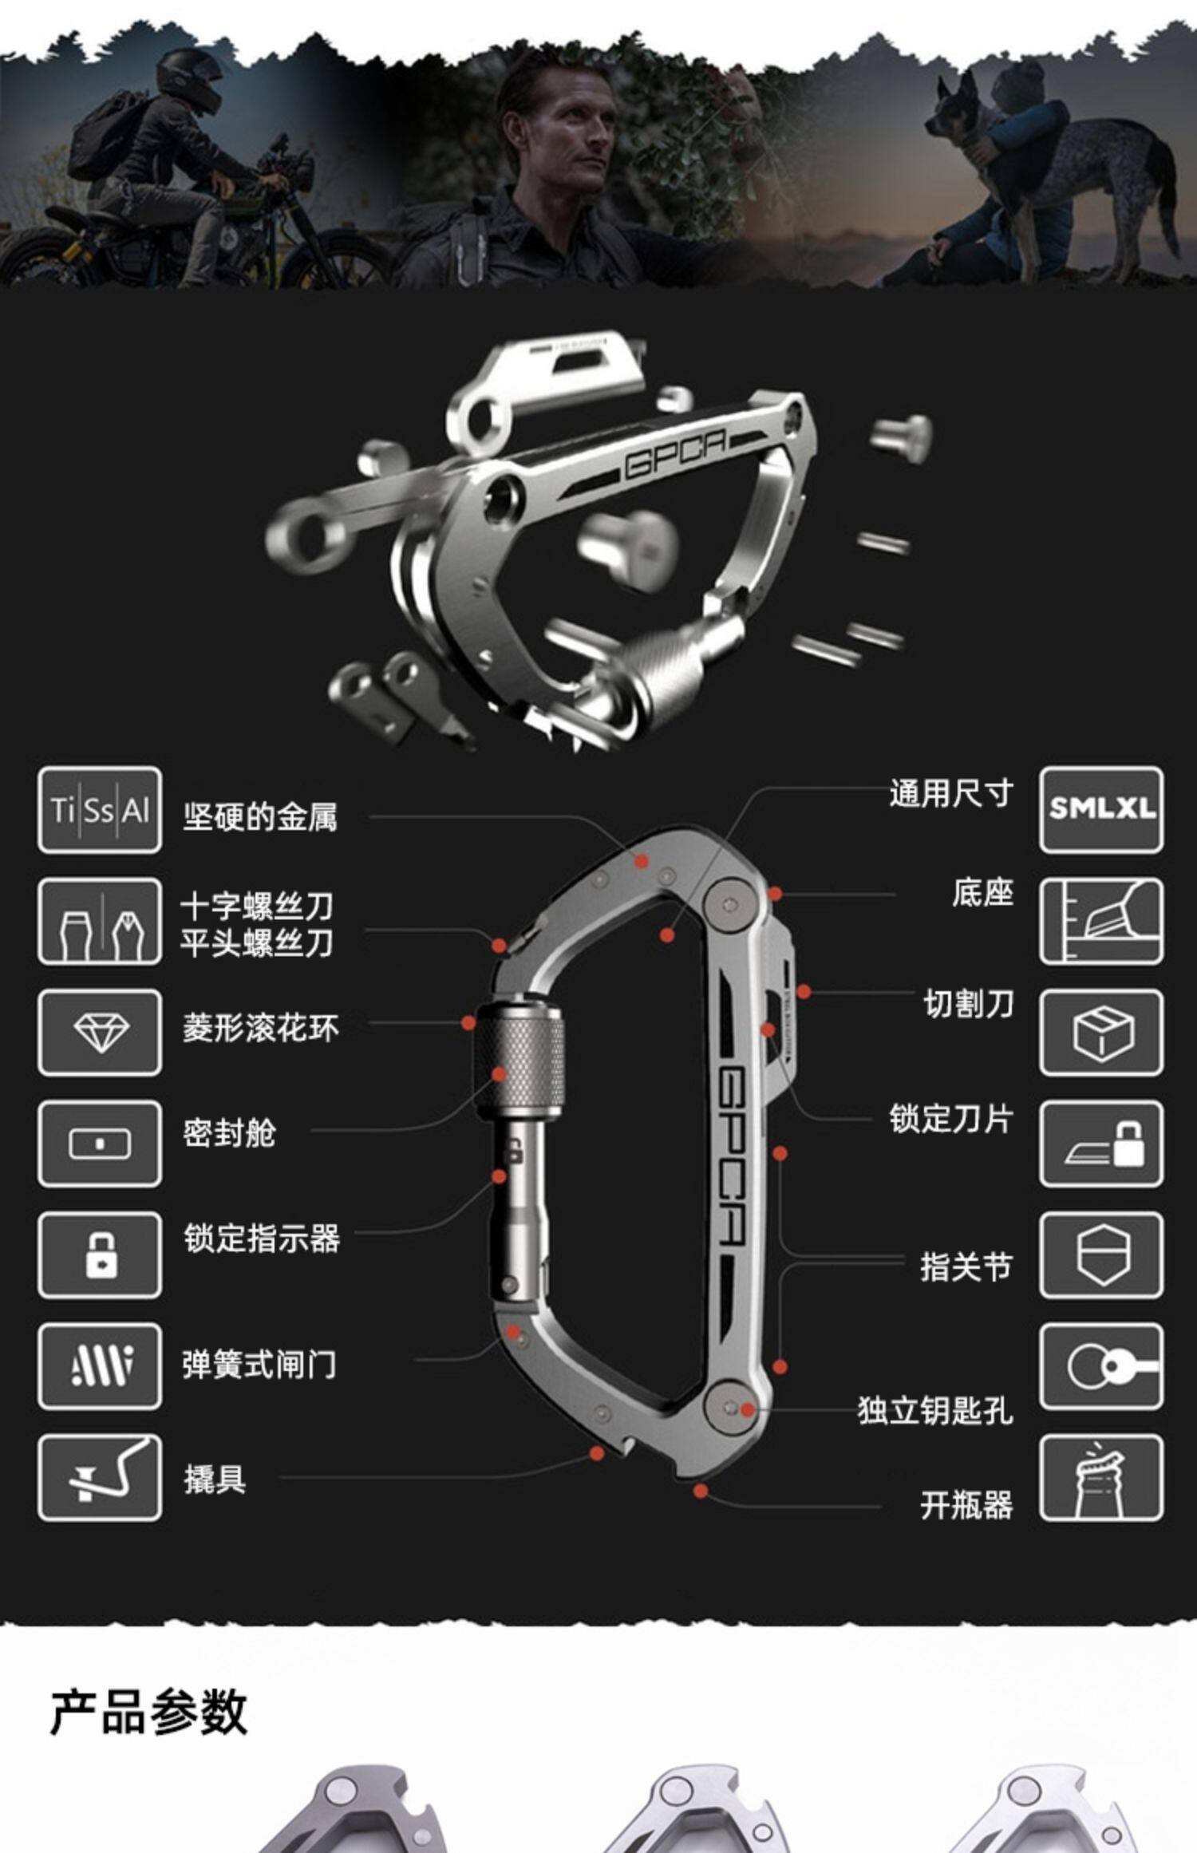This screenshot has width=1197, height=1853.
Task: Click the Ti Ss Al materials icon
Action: coord(100,810)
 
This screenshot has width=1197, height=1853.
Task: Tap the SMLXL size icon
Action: coord(1101,810)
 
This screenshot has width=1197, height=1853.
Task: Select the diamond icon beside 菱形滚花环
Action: coord(100,1032)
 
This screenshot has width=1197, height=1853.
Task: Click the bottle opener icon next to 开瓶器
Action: coord(1101,1477)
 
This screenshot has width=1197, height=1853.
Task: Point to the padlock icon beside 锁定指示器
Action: coord(100,1254)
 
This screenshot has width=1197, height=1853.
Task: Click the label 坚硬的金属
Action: coord(260,817)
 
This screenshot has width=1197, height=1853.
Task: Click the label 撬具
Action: coord(215,1479)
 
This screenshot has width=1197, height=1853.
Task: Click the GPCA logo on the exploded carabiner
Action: coord(675,454)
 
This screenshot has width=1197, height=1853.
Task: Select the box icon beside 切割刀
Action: coord(1101,1032)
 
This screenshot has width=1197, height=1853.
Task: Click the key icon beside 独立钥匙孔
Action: coord(1101,1366)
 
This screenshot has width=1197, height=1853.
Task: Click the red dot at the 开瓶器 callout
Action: coord(700,1490)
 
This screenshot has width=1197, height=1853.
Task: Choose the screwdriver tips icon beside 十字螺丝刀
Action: coord(100,921)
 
